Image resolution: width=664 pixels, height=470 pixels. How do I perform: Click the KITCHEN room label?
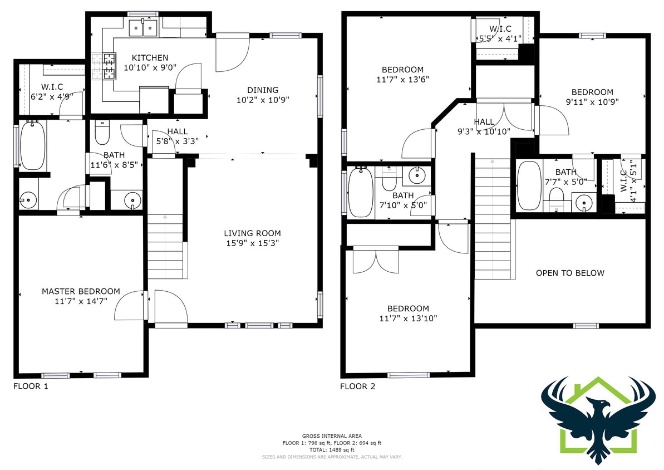pos(149,58)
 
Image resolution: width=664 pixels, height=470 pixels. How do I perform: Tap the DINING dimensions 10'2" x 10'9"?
pos(262,100)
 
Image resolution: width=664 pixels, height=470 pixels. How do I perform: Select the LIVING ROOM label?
pos(252,233)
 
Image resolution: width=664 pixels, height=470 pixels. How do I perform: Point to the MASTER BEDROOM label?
pos(81,291)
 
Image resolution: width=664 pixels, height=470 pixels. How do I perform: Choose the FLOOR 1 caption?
pos(31,386)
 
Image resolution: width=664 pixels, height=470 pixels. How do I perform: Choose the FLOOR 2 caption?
pos(357,386)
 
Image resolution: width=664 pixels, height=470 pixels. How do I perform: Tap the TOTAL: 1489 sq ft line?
pos(332,449)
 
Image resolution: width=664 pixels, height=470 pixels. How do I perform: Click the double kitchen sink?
pos(143,26)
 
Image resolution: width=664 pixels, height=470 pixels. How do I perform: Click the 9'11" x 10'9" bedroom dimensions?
pos(592,102)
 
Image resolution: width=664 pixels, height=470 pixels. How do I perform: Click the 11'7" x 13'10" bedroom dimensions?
pos(408,319)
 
